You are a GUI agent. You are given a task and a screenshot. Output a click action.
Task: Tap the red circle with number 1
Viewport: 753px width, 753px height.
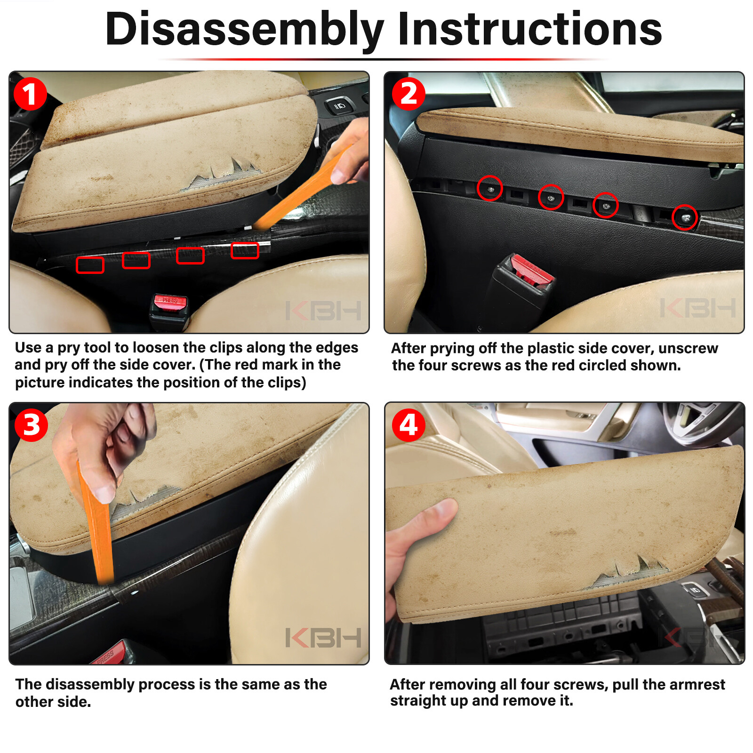click(30, 94)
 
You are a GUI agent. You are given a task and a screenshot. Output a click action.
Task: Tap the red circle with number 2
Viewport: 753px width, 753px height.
click(409, 94)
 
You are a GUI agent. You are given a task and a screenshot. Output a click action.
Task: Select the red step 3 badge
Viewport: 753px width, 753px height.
click(31, 425)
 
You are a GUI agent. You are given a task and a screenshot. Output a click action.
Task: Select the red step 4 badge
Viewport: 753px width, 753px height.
click(409, 425)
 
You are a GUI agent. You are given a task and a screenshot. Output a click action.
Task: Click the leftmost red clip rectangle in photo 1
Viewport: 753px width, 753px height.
click(90, 265)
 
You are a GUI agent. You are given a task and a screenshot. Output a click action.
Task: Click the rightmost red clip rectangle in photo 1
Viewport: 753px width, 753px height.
click(245, 251)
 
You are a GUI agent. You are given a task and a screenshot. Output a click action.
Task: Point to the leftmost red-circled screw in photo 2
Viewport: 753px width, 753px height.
click(490, 188)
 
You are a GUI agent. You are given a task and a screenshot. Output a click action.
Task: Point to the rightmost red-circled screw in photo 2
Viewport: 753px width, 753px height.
click(684, 217)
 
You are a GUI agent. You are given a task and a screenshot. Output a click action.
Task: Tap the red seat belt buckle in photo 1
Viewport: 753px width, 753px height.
click(169, 303)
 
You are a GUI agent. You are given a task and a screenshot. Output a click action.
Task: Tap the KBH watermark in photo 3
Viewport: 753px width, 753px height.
click(323, 638)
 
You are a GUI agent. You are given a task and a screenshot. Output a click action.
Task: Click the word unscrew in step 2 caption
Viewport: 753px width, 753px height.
click(688, 348)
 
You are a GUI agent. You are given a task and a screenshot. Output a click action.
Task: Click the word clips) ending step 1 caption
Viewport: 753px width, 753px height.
click(287, 383)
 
